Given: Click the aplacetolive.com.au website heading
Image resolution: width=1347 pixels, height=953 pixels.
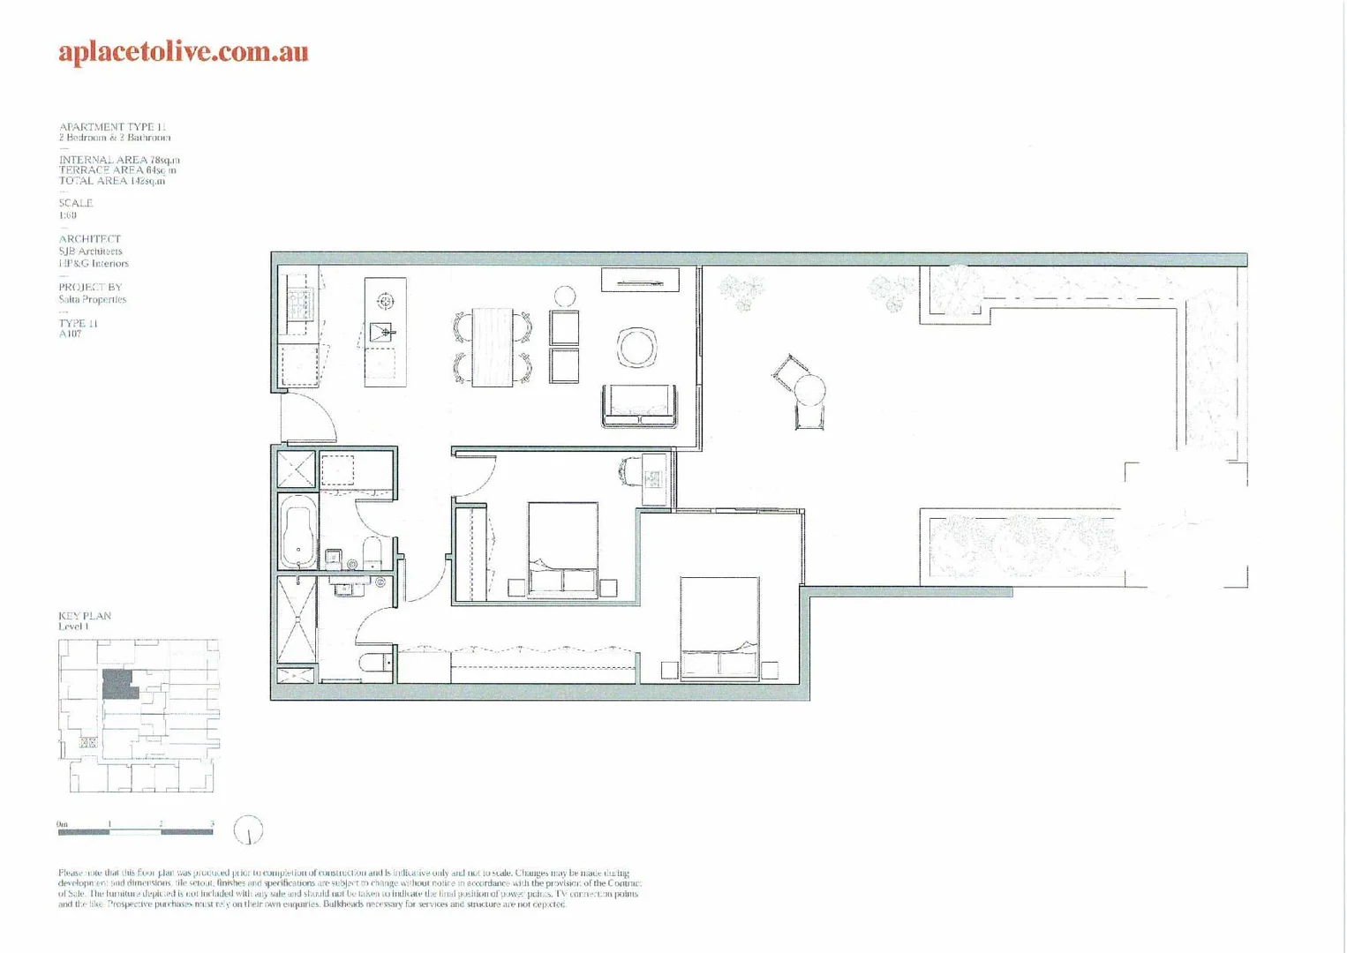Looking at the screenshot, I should coord(184,52).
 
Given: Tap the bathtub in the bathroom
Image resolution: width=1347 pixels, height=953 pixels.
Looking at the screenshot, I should coord(297,531).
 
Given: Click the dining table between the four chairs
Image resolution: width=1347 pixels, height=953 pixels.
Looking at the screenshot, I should coord(492,347).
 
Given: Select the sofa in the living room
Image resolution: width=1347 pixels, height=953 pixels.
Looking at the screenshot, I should coord(639,406).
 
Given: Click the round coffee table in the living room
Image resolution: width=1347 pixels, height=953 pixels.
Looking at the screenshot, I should coord(636,347).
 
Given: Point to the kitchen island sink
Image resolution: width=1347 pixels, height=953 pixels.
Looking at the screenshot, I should coord(382,333).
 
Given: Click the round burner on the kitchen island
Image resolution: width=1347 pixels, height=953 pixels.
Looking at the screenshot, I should coord(385,302).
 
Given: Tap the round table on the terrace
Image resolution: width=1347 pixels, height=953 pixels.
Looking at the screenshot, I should coord(809,390).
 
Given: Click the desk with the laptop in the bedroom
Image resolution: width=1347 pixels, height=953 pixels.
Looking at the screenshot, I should coord(653,479).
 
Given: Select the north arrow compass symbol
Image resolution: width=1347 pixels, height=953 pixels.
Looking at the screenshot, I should coord(248,830).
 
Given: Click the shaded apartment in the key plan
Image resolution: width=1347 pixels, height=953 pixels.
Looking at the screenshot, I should coord(119,684).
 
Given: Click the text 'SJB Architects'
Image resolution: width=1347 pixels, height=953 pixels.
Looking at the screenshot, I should coord(90,251).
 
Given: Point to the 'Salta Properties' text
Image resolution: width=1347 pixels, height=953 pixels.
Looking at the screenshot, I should coord(92,299).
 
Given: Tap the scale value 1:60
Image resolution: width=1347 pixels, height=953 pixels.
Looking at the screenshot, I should coord(68,215).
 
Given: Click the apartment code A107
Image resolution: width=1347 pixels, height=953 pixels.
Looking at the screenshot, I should coord(70,334).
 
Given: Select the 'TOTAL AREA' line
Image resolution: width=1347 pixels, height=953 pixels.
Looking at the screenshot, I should coord(111,181).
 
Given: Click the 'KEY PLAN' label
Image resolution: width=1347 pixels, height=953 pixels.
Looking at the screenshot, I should coord(85,616).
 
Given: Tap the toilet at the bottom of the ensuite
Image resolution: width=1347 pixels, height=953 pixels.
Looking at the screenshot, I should coord(375,663).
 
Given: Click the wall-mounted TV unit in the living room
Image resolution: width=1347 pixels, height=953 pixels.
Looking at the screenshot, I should coord(640,281).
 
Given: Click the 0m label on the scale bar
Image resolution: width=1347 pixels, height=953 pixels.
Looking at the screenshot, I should coord(62,824).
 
